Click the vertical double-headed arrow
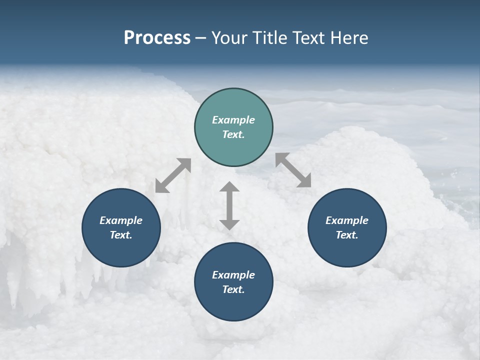click(x=229, y=205)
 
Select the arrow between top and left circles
click(x=173, y=175)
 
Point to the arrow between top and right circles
click(x=293, y=170)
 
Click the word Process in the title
click(x=157, y=37)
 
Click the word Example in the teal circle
click(x=233, y=120)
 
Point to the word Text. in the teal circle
click(x=233, y=134)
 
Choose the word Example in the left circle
click(x=121, y=220)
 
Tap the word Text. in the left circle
click(x=121, y=235)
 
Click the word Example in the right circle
click(x=347, y=220)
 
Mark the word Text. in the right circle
click(x=347, y=235)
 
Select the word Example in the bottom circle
click(x=233, y=275)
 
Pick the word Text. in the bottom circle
click(x=233, y=289)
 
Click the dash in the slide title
click(x=201, y=38)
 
